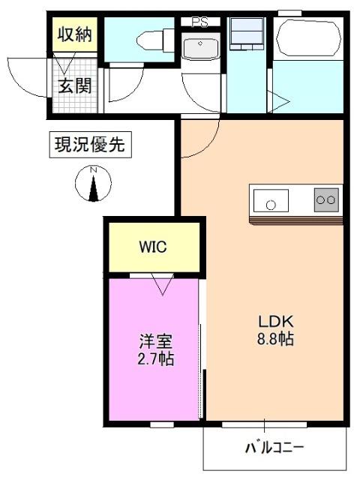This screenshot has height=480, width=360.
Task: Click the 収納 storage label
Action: click(x=73, y=34)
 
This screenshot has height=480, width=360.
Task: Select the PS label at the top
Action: click(x=199, y=22)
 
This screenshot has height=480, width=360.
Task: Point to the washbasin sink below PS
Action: click(x=200, y=48)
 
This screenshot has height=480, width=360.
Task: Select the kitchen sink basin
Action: click(x=271, y=202)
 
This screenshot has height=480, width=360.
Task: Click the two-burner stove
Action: click(x=326, y=200)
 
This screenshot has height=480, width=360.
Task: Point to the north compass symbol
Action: click(x=94, y=184)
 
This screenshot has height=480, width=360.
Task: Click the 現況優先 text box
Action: click(x=91, y=143)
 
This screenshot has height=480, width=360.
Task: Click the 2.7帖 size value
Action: click(x=156, y=359)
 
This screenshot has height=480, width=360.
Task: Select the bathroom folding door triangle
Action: click(x=279, y=102)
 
